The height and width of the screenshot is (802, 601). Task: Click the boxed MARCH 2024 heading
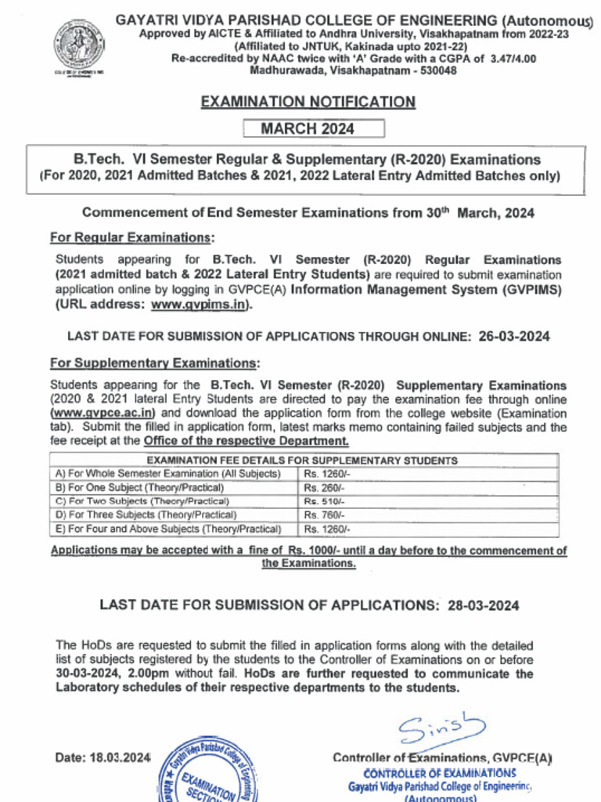313,128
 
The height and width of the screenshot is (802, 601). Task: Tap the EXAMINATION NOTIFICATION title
308,102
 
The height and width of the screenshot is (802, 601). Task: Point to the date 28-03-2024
483,605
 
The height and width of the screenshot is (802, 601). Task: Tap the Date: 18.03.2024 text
103,757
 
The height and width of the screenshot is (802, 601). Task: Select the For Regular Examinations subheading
131,237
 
